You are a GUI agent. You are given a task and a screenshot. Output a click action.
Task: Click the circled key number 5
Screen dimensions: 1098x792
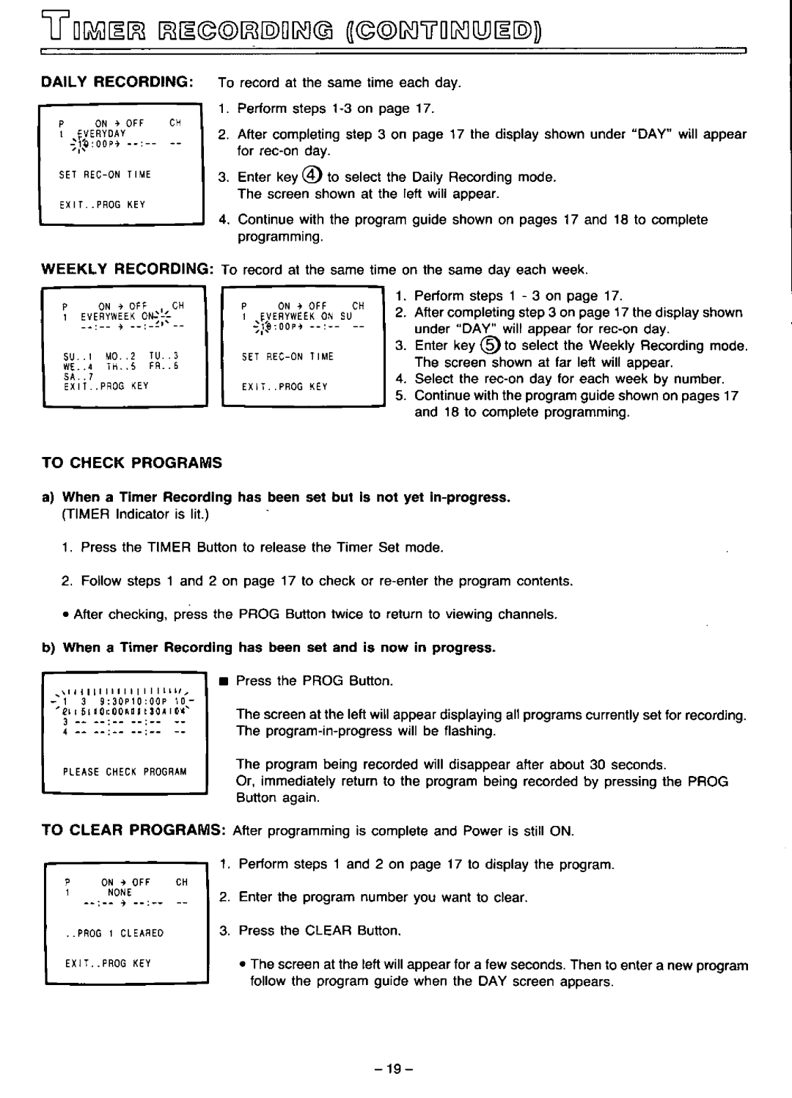click(488, 345)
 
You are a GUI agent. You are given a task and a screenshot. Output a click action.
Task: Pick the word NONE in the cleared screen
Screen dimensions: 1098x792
click(120, 893)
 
